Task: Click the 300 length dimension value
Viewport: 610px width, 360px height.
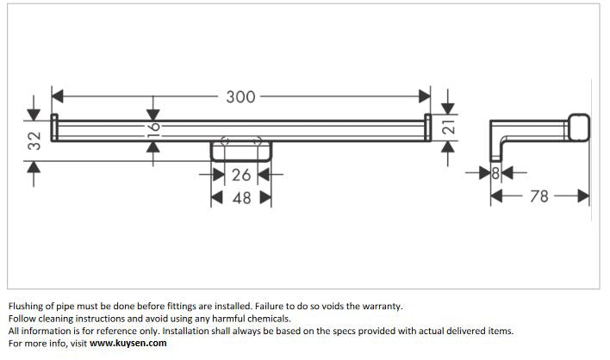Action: pyautogui.click(x=240, y=96)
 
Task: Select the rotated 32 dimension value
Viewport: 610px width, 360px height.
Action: pyautogui.click(x=34, y=140)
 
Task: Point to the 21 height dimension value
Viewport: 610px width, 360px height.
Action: pyautogui.click(x=449, y=127)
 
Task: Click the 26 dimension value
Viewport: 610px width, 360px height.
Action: pyautogui.click(x=241, y=175)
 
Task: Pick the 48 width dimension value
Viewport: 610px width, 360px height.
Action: pyautogui.click(x=241, y=198)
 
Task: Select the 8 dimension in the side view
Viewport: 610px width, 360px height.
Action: pyautogui.click(x=495, y=173)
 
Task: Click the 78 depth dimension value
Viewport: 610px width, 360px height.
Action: pyautogui.click(x=539, y=196)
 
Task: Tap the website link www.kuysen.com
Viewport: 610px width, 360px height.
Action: pyautogui.click(x=128, y=344)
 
